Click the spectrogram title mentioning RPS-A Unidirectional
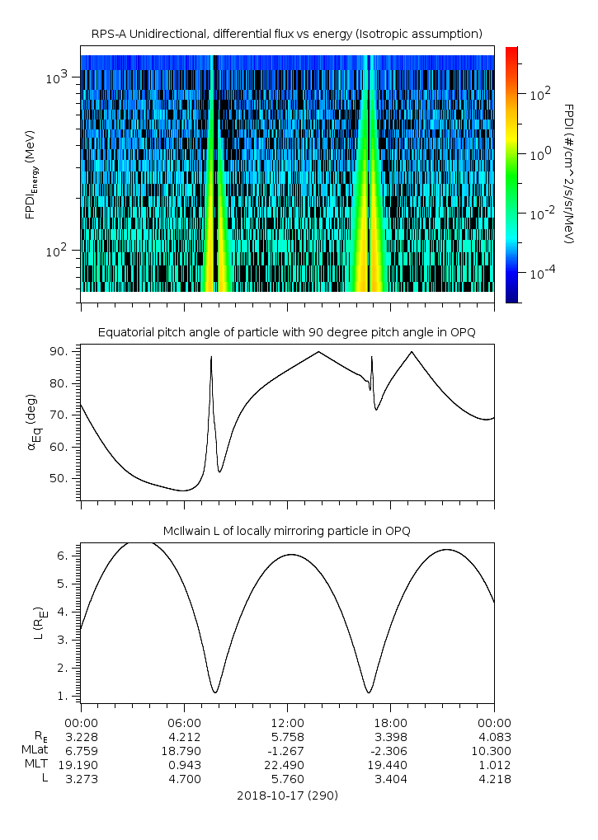click(x=286, y=34)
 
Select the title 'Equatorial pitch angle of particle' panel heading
click(x=286, y=332)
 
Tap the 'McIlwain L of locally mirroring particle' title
click(x=286, y=531)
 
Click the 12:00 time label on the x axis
click(x=286, y=721)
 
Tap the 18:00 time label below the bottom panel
click(x=390, y=721)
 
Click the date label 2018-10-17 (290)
click(x=286, y=795)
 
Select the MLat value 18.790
click(x=183, y=751)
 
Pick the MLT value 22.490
click(x=286, y=765)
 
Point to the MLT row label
click(x=36, y=765)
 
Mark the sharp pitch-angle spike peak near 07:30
click(x=211, y=356)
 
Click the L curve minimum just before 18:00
click(x=369, y=692)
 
